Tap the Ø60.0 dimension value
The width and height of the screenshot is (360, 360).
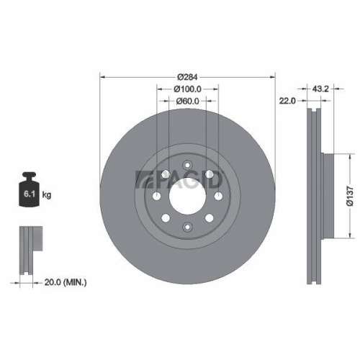(187, 102)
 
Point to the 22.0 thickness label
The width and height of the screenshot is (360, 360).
(287, 102)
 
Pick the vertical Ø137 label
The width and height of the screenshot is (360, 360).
(348, 194)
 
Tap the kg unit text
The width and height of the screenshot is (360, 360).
(48, 195)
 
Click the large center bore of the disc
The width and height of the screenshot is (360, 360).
(187, 194)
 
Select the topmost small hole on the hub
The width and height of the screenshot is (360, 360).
(187, 162)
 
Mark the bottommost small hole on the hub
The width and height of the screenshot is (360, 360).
(187, 227)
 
